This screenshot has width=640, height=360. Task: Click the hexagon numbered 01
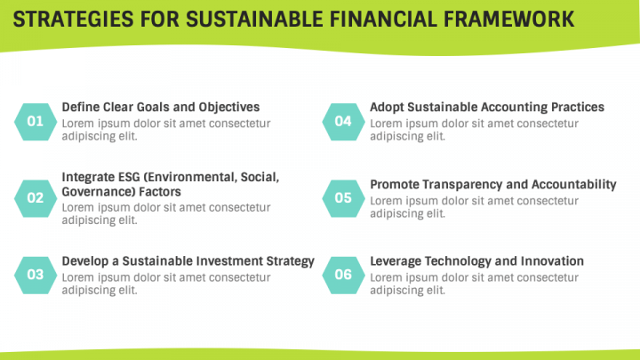point(36,121)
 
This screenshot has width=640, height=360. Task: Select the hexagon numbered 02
point(36,197)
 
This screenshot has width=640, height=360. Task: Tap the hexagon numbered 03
point(36,275)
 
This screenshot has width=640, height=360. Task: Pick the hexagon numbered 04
point(343,121)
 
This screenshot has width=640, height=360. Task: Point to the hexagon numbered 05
point(343,197)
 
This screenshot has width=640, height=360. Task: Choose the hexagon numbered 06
point(343,275)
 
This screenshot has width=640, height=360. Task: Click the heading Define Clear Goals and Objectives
point(160,107)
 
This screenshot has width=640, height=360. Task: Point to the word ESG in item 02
point(130,177)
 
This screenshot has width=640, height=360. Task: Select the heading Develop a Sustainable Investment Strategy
point(188,260)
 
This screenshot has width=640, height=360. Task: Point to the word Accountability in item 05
point(574,184)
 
